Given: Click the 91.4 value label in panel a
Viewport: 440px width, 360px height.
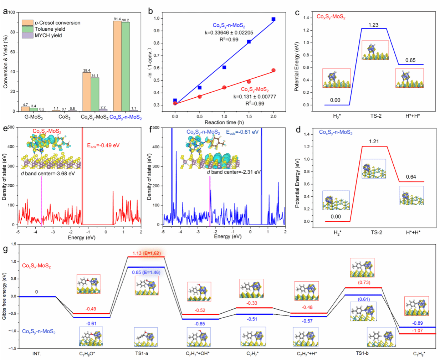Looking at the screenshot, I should click(117, 19).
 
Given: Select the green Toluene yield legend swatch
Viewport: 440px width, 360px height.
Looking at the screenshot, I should click(27, 29).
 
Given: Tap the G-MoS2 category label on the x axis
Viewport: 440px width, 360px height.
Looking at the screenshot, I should click(34, 117).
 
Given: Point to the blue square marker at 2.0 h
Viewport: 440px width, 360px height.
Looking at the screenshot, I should click(273, 19).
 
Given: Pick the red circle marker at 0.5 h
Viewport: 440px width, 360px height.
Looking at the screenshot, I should click(200, 97).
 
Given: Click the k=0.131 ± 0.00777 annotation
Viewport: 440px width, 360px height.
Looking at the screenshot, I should click(255, 97).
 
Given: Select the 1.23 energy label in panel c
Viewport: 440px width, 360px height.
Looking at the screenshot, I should click(373, 25).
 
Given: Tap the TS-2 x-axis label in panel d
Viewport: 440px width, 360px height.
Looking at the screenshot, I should click(376, 232).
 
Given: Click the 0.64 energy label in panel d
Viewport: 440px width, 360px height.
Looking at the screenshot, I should click(411, 177).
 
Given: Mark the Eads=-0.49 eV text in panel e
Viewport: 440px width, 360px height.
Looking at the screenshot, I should click(103, 145).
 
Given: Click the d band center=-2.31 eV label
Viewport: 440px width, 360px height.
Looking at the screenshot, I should click(234, 172).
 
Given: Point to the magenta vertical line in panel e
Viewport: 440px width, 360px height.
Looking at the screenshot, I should click(41, 200).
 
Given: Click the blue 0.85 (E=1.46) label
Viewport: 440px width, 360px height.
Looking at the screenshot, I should click(146, 272).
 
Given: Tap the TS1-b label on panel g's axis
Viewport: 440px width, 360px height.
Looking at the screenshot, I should click(362, 353).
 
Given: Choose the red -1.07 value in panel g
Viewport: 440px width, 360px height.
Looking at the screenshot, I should click(417, 331).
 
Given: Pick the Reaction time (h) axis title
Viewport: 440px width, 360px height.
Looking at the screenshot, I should click(224, 123).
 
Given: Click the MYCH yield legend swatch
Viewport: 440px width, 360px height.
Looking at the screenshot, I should click(27, 35).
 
